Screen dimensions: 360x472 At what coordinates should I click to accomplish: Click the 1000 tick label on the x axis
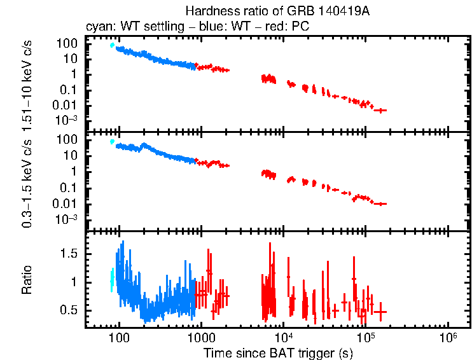coord(201,338)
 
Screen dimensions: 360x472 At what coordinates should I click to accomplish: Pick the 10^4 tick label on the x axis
coord(283,338)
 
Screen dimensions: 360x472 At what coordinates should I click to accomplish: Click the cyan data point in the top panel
coord(113,45)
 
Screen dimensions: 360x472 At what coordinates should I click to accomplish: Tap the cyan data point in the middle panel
coord(113,142)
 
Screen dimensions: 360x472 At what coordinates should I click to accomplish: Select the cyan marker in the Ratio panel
coord(113,279)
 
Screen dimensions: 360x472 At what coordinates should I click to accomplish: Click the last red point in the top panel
coord(380,111)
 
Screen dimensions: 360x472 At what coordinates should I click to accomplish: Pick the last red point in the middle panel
coord(380,204)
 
